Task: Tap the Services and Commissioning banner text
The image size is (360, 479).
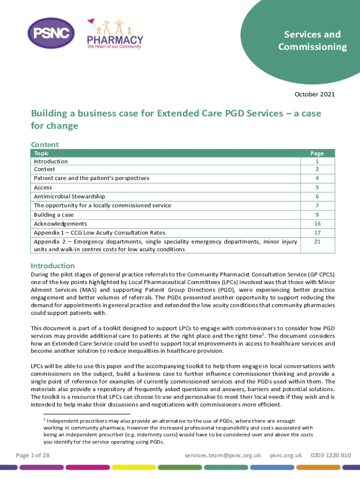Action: pyautogui.click(x=312, y=41)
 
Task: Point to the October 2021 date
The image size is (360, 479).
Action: pyautogui.click(x=315, y=94)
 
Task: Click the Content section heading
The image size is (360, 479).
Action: pyautogui.click(x=44, y=145)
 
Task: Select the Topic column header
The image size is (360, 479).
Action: pyautogui.click(x=41, y=153)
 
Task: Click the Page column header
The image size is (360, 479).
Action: pyautogui.click(x=317, y=153)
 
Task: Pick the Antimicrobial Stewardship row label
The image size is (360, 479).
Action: pyautogui.click(x=69, y=196)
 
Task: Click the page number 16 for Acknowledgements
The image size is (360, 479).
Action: pyautogui.click(x=317, y=224)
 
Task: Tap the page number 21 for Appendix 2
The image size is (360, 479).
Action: pyautogui.click(x=317, y=241)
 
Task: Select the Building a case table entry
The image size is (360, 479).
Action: pyautogui.click(x=54, y=215)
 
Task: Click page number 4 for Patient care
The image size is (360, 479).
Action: pyautogui.click(x=317, y=178)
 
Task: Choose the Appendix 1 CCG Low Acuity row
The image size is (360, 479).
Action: pyautogui.click(x=99, y=232)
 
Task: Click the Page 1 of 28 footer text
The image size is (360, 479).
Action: pyautogui.click(x=33, y=455)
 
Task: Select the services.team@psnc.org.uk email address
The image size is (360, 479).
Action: pyautogui.click(x=223, y=455)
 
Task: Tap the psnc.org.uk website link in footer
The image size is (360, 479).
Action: pyautogui.click(x=286, y=455)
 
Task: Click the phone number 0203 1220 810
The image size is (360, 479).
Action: pyautogui.click(x=331, y=455)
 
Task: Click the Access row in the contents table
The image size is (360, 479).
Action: pyautogui.click(x=43, y=188)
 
